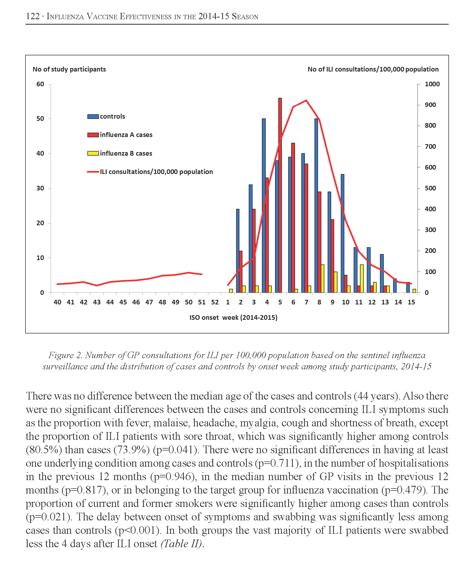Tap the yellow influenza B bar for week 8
point(322,279)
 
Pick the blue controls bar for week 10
point(342,233)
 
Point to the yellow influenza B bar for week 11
point(362,279)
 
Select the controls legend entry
point(106,116)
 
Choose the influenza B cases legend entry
point(120,153)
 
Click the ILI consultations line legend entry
point(150,172)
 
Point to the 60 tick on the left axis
point(40,84)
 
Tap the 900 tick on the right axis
point(430,105)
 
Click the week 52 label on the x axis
point(215,302)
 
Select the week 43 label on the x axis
point(97,302)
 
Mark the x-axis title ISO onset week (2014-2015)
point(233,318)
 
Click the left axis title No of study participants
point(69,69)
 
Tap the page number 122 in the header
point(33,16)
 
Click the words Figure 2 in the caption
point(65,355)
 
